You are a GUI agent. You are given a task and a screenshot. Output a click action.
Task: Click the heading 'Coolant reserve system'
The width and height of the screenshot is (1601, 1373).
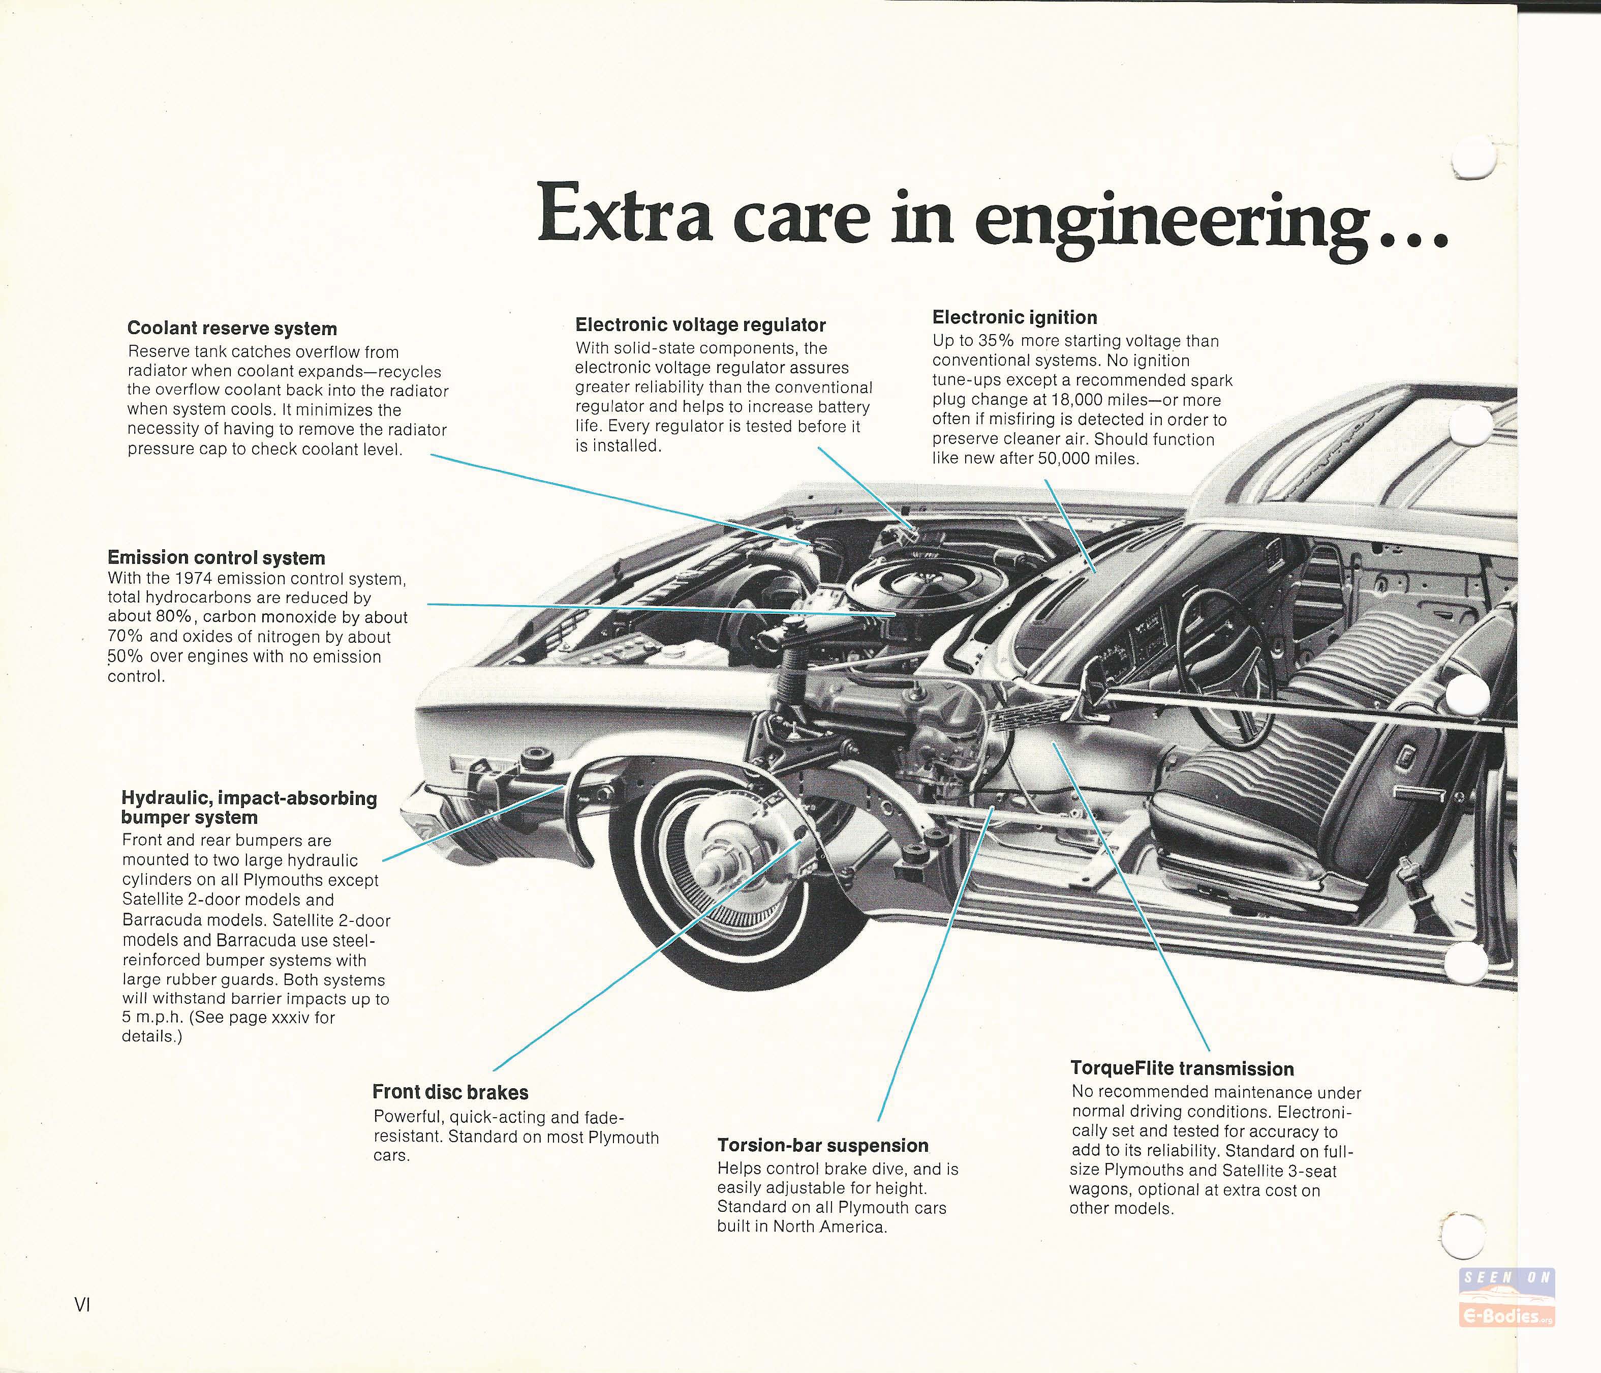pos(232,329)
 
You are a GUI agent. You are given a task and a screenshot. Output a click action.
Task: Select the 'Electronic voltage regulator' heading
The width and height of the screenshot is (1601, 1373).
pos(700,325)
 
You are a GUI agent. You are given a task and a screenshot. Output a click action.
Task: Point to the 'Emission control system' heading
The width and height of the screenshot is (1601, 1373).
pos(217,557)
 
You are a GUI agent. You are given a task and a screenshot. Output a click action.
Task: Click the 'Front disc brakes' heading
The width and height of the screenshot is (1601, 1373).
pos(450,1092)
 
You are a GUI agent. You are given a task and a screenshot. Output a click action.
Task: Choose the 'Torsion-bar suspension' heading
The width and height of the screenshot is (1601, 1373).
pos(823,1146)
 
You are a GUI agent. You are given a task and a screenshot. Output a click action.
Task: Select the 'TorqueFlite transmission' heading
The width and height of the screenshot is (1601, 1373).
pos(1182,1068)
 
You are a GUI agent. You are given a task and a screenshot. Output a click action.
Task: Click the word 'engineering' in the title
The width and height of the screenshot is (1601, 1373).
pos(1169,220)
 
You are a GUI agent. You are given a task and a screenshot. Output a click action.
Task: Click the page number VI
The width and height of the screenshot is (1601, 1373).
pos(83,1305)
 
